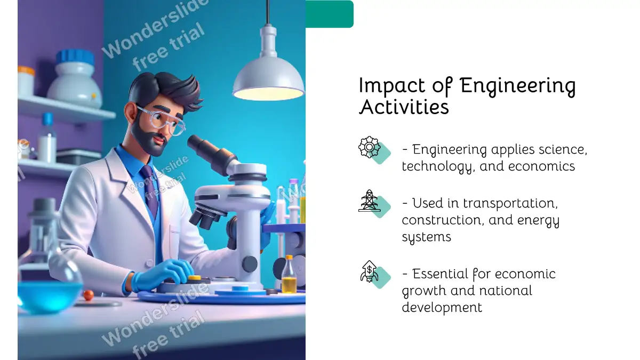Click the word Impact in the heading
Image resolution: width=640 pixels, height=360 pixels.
[391, 85]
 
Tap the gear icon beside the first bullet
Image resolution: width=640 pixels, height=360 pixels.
[370, 147]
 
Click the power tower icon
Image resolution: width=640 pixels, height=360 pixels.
[370, 201]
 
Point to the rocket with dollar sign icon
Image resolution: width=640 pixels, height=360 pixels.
[370, 271]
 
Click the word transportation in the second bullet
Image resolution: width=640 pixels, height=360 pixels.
[510, 203]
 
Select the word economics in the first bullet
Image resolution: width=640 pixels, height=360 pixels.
[541, 166]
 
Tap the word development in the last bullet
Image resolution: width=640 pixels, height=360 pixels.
[442, 307]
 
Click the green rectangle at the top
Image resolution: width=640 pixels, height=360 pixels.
[330, 14]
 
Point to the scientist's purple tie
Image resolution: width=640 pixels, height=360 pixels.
[150, 189]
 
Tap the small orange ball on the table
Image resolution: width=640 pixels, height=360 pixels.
[89, 295]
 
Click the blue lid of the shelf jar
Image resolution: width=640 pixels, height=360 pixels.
[75, 57]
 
